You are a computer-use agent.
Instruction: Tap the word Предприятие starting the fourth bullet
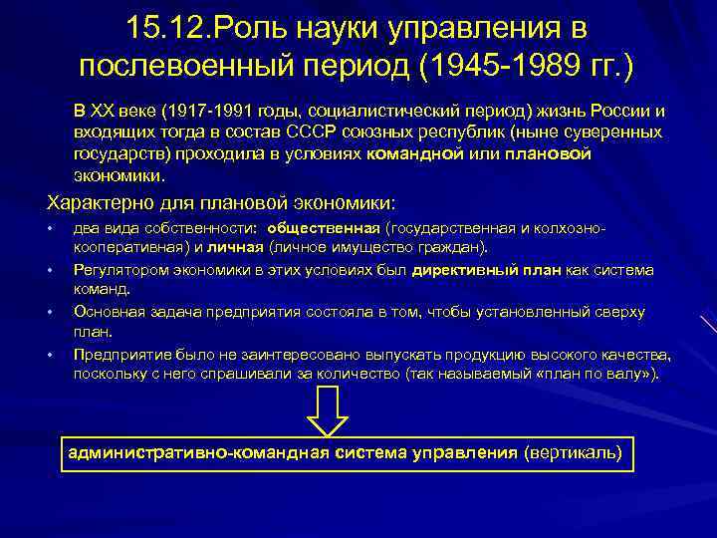(118, 355)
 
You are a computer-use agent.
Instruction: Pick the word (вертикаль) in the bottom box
(573, 452)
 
